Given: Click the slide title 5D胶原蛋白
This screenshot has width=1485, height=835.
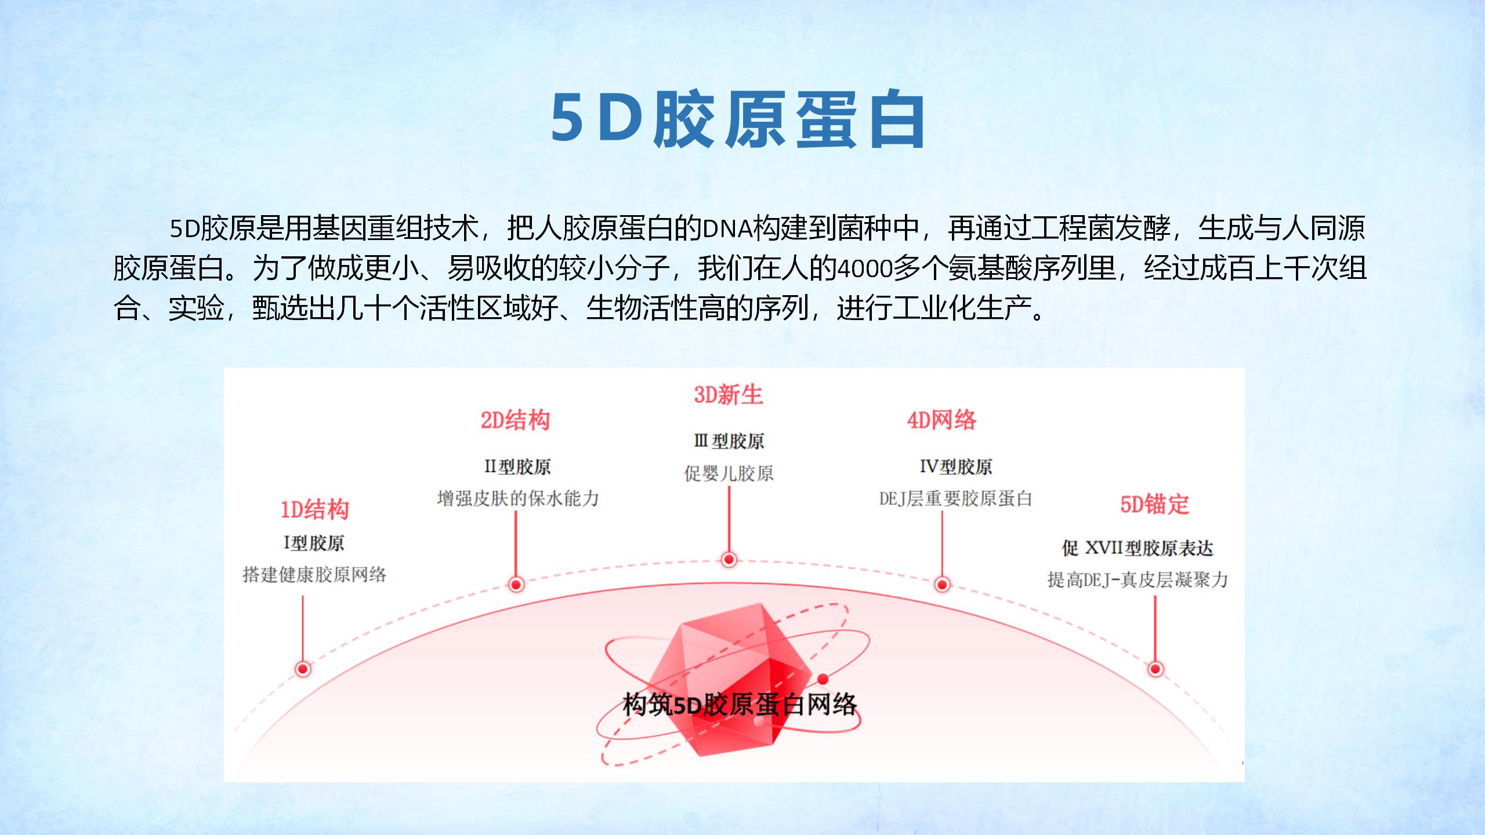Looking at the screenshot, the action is click(x=738, y=119).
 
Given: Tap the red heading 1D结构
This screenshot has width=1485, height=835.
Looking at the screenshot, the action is click(x=315, y=510).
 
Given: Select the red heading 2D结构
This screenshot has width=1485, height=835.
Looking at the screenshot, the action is click(x=515, y=420).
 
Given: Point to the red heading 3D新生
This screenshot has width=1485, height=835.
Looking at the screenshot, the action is click(x=729, y=395).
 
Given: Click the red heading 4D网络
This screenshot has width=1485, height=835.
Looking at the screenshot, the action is click(x=942, y=420).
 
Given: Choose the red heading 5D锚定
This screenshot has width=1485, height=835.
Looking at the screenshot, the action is click(x=1155, y=504).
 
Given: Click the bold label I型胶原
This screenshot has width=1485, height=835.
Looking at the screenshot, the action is click(x=314, y=543).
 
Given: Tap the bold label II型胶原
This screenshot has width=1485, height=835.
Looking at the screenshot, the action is click(x=517, y=467).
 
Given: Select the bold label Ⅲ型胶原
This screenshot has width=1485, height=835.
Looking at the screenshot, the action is click(x=729, y=441).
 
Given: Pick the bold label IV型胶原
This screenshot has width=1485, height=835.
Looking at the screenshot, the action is click(x=956, y=467).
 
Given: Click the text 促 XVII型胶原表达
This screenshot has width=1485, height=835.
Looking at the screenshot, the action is click(x=1138, y=548).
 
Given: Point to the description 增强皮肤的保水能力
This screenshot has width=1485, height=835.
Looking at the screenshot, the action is click(x=517, y=498).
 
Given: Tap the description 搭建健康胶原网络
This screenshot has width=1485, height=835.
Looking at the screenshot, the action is click(x=314, y=575).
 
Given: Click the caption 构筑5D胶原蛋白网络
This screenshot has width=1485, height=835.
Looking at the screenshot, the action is click(x=740, y=705).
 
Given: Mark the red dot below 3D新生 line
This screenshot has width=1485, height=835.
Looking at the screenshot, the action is click(x=729, y=560).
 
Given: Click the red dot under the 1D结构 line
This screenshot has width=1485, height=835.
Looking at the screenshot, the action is click(x=303, y=669).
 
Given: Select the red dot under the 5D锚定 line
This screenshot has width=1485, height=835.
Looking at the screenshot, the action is click(x=1156, y=669).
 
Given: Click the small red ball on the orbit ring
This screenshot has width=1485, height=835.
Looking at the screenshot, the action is click(x=823, y=679).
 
